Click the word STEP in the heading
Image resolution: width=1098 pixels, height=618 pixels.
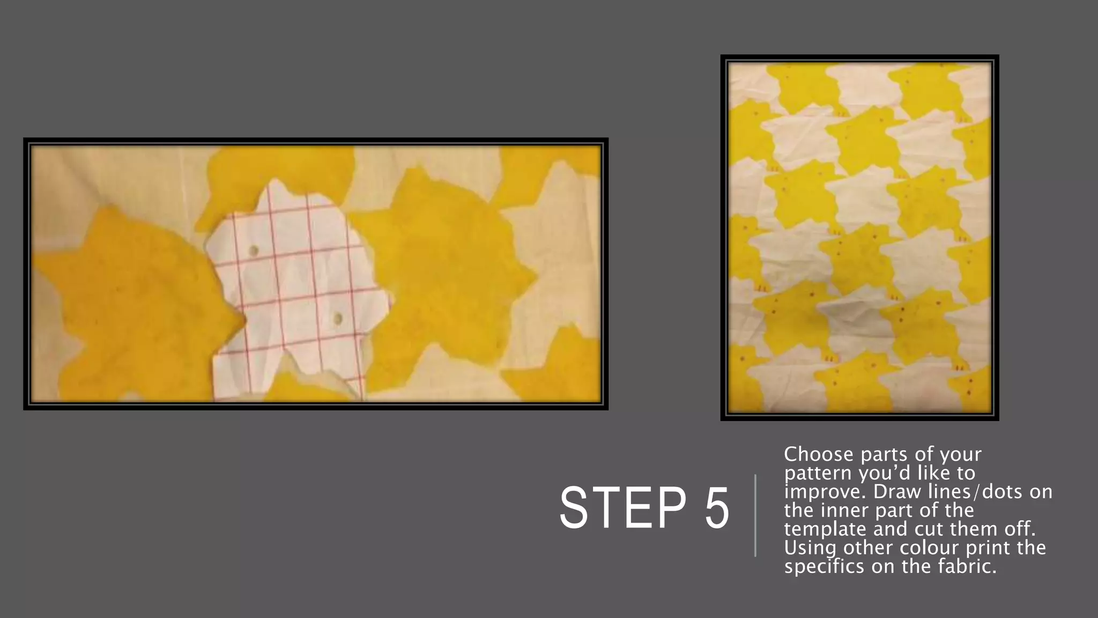click(x=622, y=507)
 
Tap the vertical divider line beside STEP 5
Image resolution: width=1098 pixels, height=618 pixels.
click(x=755, y=515)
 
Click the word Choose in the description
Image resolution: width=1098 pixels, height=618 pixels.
click(x=818, y=454)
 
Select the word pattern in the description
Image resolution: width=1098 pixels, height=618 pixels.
click(x=819, y=474)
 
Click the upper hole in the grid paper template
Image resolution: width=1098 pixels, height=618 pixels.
click(x=254, y=251)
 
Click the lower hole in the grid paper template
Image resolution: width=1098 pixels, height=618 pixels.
click(x=338, y=319)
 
